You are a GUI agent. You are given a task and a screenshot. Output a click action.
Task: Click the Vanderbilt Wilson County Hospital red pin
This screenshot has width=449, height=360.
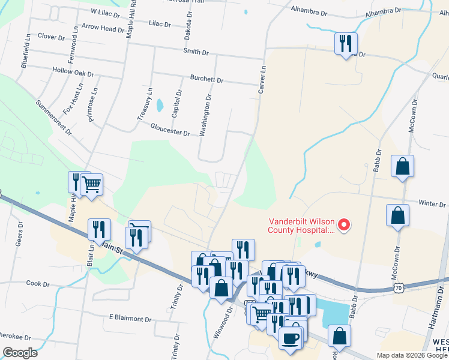(344, 226)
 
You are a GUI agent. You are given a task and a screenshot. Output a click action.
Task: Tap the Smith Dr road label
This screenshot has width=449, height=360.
(196, 53)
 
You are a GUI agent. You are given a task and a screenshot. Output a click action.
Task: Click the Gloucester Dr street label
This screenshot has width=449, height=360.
(170, 129)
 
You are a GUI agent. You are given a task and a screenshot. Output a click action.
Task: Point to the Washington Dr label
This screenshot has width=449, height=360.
(206, 113)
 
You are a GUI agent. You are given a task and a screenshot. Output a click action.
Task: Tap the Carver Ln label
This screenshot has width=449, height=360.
(261, 79)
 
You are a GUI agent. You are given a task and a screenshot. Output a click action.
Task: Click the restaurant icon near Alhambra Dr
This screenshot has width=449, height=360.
(346, 44)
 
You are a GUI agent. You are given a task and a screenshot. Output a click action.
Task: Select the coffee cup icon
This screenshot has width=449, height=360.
(291, 338)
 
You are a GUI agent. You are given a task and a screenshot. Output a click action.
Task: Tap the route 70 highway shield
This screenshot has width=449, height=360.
(399, 289)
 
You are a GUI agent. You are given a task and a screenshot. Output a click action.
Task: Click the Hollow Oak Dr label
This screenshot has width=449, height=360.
(73, 73)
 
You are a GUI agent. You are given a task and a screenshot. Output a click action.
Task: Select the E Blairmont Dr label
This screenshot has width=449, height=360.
(131, 318)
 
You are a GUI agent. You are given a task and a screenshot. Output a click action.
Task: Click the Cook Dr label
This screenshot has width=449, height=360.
(37, 283)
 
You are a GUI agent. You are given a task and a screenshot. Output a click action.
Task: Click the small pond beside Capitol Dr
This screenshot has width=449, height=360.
(160, 106)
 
